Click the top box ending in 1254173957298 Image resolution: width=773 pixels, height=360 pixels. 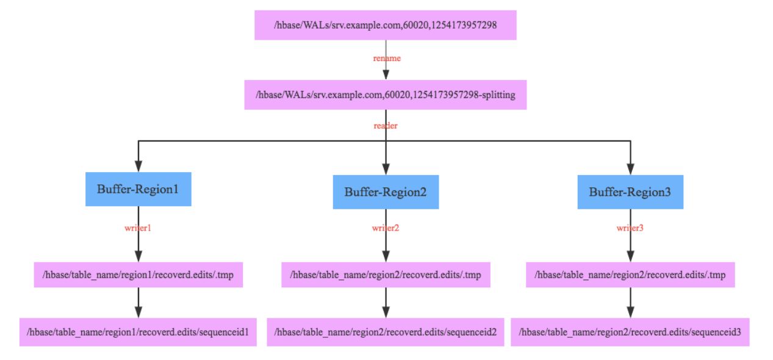[385, 25]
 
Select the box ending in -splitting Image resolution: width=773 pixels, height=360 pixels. [385, 95]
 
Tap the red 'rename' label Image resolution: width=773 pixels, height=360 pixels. [386, 59]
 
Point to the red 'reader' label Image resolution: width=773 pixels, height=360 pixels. [386, 126]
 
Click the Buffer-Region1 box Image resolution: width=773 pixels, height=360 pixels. [138, 189]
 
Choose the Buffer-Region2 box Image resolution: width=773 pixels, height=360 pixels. [386, 192]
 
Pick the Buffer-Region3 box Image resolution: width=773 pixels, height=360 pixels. [630, 192]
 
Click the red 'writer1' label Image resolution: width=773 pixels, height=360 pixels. [138, 228]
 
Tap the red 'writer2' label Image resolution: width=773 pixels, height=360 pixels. [386, 228]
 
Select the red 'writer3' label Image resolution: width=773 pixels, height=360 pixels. [630, 228]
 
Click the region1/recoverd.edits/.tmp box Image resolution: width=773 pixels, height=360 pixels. [138, 275]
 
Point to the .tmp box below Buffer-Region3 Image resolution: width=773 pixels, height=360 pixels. [630, 275]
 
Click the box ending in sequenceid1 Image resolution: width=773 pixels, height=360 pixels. [138, 332]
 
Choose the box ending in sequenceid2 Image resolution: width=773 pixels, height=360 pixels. [386, 332]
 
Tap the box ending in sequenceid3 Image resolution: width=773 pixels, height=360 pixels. [630, 332]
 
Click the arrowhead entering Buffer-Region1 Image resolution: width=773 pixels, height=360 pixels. [138, 167]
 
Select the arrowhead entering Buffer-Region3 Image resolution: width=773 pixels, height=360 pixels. [630, 169]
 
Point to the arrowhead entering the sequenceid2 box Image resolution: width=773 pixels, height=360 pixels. [386, 312]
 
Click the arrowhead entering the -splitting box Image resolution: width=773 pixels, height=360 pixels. [386, 74]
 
